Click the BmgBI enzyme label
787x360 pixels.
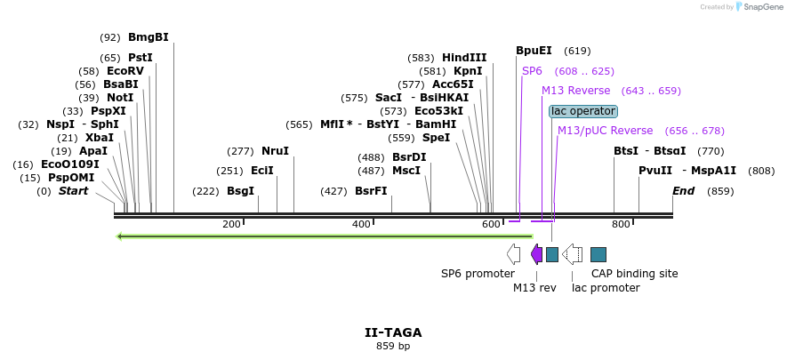pyautogui.click(x=148, y=37)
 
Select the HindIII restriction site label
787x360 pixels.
pyautogui.click(x=464, y=58)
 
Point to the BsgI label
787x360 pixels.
pyautogui.click(x=240, y=191)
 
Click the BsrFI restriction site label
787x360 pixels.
pyautogui.click(x=371, y=191)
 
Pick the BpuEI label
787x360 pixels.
pyautogui.click(x=534, y=51)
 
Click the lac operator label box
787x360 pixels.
pyautogui.click(x=582, y=111)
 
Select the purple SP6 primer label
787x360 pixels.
pyautogui.click(x=532, y=71)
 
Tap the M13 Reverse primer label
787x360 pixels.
pyautogui.click(x=575, y=91)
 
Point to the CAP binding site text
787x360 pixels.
pyautogui.click(x=635, y=274)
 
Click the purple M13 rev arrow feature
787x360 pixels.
pyautogui.click(x=536, y=254)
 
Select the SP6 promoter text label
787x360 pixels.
pyautogui.click(x=478, y=274)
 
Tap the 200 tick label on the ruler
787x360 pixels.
pyautogui.click(x=231, y=224)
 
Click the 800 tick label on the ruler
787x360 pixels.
pyautogui.click(x=621, y=224)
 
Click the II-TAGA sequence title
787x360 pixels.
pyautogui.click(x=393, y=332)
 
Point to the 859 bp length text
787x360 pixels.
pyautogui.click(x=393, y=346)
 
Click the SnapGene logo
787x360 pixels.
pyautogui.click(x=758, y=7)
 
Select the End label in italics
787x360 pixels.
pyautogui.click(x=683, y=191)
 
